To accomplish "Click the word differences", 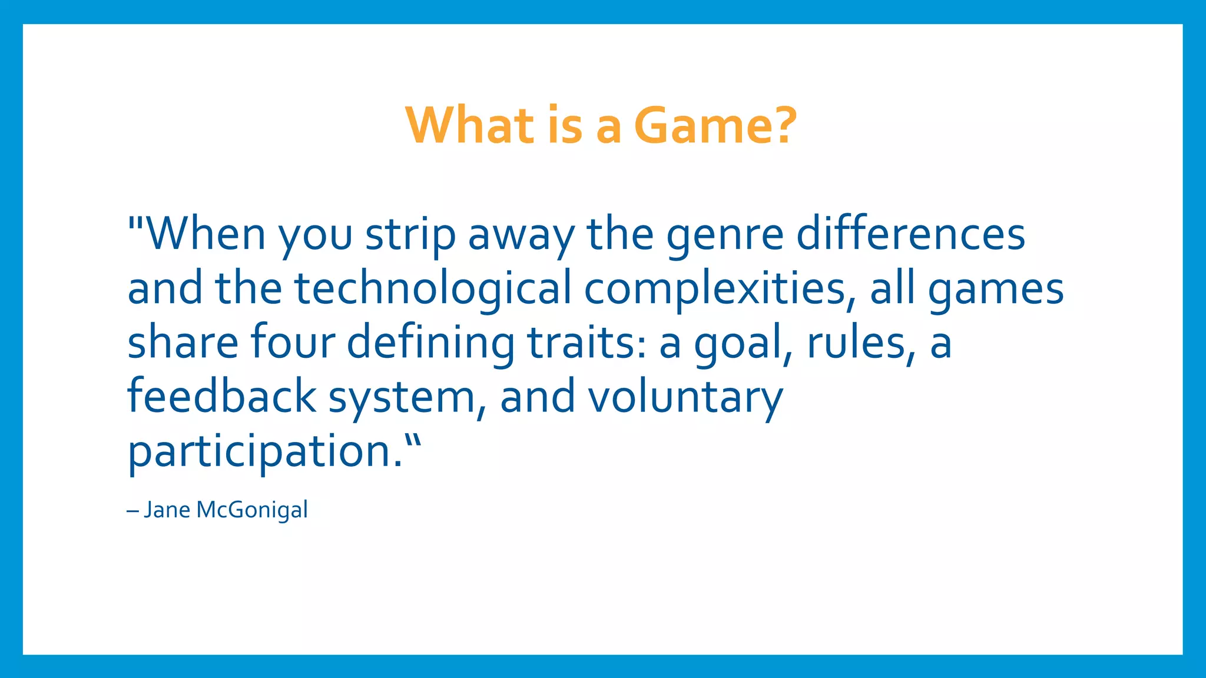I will tap(910, 234).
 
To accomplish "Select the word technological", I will tap(433, 288).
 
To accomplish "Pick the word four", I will tap(293, 343).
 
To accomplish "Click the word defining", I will tap(430, 343).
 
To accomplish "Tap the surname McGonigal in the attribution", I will tap(252, 510).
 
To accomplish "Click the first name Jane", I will tap(167, 510).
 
